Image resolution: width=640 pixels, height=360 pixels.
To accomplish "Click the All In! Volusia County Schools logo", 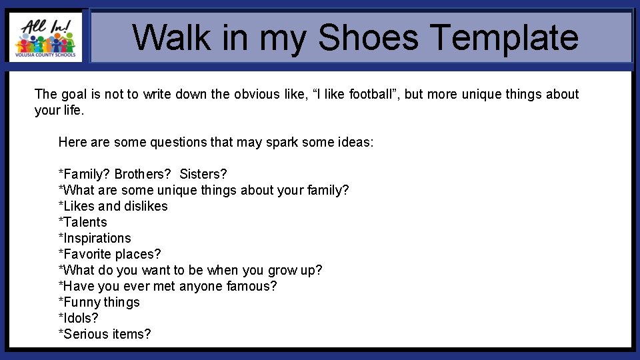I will tap(45, 37).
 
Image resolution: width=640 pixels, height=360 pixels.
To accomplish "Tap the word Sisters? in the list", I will tap(203, 174).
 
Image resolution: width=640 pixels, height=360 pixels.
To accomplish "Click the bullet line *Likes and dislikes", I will tap(113, 206).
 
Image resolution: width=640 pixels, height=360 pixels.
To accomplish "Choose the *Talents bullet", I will tap(83, 222).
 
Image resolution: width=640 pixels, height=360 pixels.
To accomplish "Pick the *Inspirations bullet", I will tap(95, 238).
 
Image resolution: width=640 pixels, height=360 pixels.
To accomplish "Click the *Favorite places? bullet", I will tap(110, 254).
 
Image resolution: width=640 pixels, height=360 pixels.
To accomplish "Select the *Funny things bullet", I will tap(99, 302).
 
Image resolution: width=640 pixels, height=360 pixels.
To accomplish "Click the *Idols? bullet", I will tap(79, 318).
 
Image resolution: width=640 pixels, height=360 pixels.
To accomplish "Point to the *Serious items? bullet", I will tap(105, 334).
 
